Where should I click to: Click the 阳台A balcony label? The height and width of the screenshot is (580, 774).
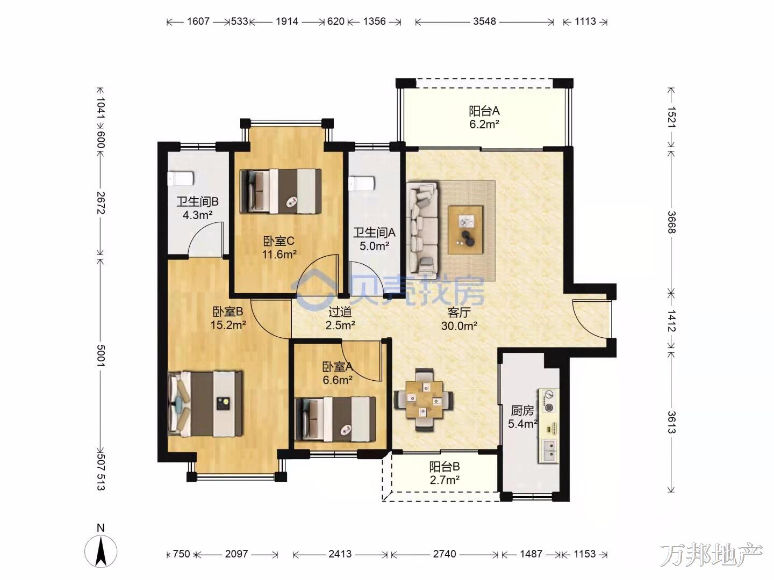484,111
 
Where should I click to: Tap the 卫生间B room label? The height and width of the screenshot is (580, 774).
197,202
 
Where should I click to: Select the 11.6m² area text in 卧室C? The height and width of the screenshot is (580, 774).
279,254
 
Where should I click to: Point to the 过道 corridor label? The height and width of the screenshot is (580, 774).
340,312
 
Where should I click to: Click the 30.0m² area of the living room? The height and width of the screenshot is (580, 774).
459,326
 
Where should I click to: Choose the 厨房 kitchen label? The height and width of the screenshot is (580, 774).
522,411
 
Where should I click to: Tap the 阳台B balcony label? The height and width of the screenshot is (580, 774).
445,467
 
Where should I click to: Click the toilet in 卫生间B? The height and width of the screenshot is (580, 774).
180,178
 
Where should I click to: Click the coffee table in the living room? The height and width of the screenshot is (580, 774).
465,230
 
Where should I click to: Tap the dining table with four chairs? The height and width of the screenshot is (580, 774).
424,400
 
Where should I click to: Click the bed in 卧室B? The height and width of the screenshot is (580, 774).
205,403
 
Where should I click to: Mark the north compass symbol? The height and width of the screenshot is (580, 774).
101,551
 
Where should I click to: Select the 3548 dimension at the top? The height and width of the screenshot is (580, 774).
484,21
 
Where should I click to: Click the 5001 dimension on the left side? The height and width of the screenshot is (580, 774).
101,356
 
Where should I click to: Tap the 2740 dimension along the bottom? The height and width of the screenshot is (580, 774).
445,554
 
